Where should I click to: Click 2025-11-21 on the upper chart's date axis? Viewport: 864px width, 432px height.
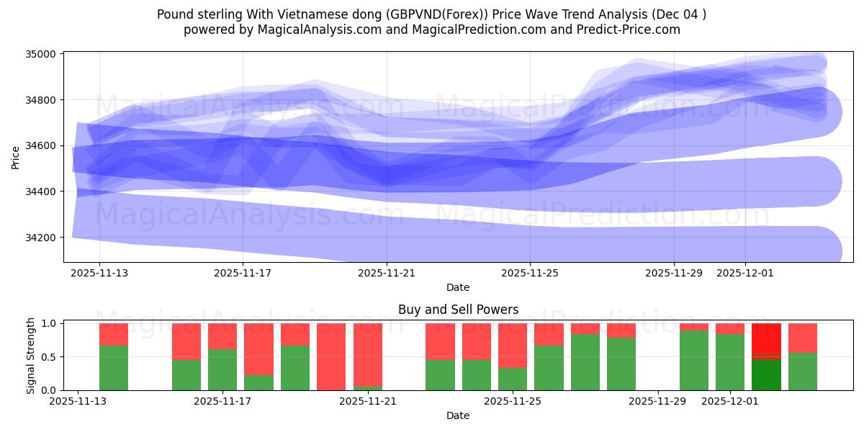point(387,273)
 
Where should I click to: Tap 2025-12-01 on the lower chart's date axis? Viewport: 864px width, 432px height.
point(730,401)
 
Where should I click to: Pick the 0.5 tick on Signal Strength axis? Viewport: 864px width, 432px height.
point(50,357)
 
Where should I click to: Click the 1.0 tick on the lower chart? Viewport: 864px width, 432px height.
point(50,324)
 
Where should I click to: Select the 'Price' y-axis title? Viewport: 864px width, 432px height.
point(16,157)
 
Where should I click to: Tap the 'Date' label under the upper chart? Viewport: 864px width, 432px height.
point(457,287)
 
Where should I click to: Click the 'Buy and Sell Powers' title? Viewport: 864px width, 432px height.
point(458,310)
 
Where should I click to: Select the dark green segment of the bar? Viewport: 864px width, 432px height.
point(766,374)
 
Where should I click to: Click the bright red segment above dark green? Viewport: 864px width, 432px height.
point(766,338)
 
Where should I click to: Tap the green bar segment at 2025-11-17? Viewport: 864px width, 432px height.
point(222,369)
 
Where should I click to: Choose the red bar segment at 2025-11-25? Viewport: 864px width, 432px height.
point(513,346)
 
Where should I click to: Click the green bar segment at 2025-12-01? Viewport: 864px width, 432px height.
point(730,362)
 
